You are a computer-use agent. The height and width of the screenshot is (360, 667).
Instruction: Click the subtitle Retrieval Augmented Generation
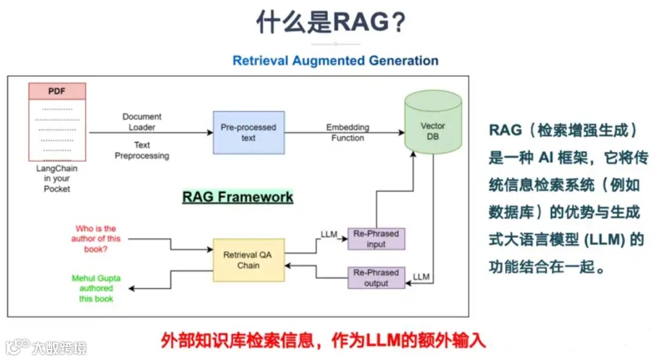[335, 61]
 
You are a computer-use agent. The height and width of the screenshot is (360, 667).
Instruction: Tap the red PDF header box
[57, 91]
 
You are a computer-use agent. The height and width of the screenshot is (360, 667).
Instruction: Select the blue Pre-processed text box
[248, 132]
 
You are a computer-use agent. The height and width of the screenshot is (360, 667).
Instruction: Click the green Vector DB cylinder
[433, 123]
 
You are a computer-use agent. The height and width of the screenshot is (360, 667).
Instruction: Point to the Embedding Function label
[348, 133]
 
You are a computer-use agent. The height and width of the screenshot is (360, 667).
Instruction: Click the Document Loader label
[142, 122]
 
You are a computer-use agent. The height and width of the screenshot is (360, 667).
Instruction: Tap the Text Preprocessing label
[142, 151]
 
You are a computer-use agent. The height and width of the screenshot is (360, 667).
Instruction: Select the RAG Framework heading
[238, 197]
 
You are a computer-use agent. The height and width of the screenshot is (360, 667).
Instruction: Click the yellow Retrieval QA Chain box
[249, 260]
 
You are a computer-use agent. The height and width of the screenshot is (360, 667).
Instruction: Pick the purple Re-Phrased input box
[376, 238]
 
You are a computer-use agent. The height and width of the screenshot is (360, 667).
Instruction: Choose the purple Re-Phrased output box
[376, 278]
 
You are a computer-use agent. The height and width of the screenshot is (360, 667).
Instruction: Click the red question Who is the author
[96, 239]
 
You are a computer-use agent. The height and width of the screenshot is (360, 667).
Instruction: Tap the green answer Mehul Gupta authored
[96, 288]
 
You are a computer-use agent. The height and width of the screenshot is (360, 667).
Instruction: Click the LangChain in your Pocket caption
[57, 178]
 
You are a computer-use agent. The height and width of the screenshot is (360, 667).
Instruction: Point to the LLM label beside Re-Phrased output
[421, 277]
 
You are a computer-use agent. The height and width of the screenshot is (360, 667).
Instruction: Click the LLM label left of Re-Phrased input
[329, 234]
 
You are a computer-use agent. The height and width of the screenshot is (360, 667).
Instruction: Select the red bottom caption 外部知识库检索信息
[324, 340]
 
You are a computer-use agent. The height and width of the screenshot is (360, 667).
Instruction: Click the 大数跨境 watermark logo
[46, 347]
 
